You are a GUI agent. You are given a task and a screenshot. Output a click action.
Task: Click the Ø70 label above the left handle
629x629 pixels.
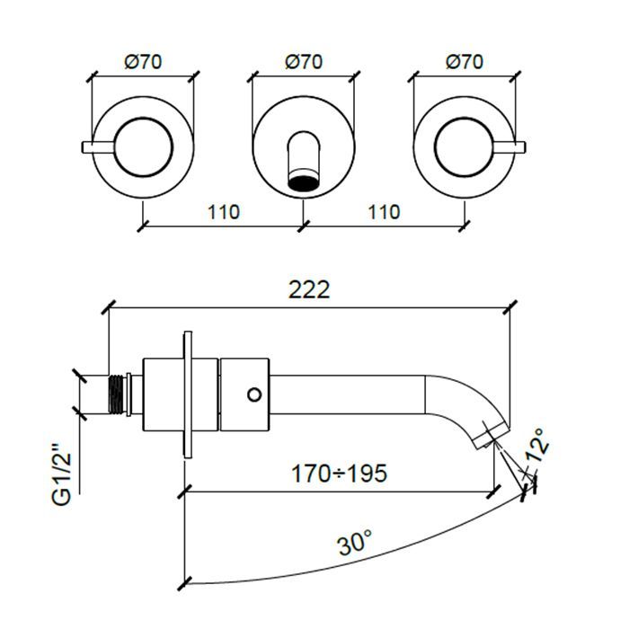(143, 62)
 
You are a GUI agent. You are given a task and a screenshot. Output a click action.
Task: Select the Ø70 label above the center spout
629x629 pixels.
(304, 62)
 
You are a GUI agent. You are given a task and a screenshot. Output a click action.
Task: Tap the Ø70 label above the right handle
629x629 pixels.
(465, 62)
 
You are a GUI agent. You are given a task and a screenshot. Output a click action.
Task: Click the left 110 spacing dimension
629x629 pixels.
(224, 212)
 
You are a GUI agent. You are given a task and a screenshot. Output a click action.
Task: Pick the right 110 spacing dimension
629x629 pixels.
(384, 212)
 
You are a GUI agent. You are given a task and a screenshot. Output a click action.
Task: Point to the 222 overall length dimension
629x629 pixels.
(309, 289)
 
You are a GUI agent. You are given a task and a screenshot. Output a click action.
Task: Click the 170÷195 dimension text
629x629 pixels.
(339, 474)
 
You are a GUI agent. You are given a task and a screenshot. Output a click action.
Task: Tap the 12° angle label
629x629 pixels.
(537, 446)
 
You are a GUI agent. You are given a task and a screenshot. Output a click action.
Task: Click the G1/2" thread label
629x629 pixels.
(62, 474)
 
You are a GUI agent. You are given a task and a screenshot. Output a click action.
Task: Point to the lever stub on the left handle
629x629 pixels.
(99, 146)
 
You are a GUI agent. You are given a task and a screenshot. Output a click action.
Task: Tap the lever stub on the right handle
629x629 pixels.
(509, 146)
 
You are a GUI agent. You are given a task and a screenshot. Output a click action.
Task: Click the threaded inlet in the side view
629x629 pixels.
(116, 394)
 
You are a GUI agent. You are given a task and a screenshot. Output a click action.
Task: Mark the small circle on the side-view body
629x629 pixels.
(254, 394)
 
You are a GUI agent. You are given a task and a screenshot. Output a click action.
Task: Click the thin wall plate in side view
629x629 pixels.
(188, 394)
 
